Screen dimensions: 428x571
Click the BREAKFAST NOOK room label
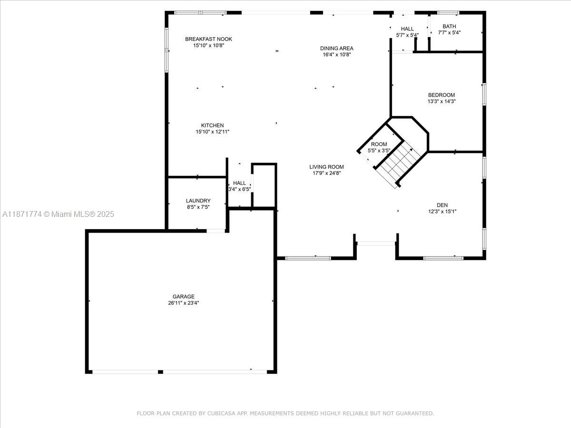point(208,39)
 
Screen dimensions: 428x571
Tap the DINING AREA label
point(336,48)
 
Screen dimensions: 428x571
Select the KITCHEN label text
point(212,126)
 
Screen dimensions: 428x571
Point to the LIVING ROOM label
point(326,167)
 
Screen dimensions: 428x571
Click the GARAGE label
point(183,297)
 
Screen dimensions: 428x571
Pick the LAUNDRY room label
point(198,201)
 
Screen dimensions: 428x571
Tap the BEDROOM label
point(441,95)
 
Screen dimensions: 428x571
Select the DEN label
point(442,205)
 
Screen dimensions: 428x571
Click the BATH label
point(449,27)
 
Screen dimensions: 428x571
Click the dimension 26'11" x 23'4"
point(183,303)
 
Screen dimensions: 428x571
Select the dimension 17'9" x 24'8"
point(326,173)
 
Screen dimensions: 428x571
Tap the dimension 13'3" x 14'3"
point(441,101)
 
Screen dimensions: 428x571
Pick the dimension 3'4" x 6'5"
point(239,189)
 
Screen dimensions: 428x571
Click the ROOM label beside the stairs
point(379,144)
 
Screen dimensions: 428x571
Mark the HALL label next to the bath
point(407,29)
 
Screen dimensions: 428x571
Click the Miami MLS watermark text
point(58,214)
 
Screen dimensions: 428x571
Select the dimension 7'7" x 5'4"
point(449,33)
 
